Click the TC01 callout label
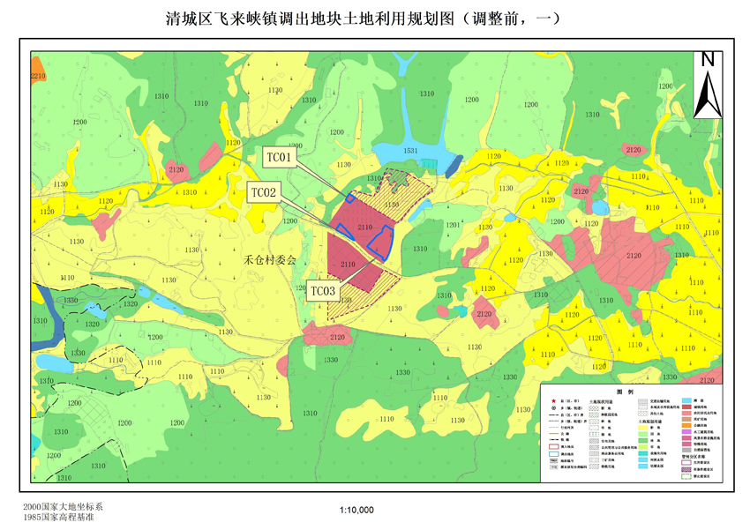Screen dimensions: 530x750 click(x=281, y=158)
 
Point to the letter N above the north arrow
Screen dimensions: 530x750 click(x=707, y=60)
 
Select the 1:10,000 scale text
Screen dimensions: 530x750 click(x=356, y=510)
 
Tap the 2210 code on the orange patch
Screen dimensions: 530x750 click(x=38, y=78)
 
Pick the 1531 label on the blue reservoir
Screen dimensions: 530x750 click(x=411, y=152)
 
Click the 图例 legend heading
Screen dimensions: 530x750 click(x=626, y=391)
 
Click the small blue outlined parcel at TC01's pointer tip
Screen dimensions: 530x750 click(x=350, y=198)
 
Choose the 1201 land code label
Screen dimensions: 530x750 click(x=453, y=226)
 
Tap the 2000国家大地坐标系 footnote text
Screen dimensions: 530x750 click(x=64, y=507)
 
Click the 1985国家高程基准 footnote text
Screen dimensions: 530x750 click(x=60, y=518)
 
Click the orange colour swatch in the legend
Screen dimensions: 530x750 click(x=686, y=425)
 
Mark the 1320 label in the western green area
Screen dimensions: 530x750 click(x=130, y=302)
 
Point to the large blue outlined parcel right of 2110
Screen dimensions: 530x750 click(x=379, y=241)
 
